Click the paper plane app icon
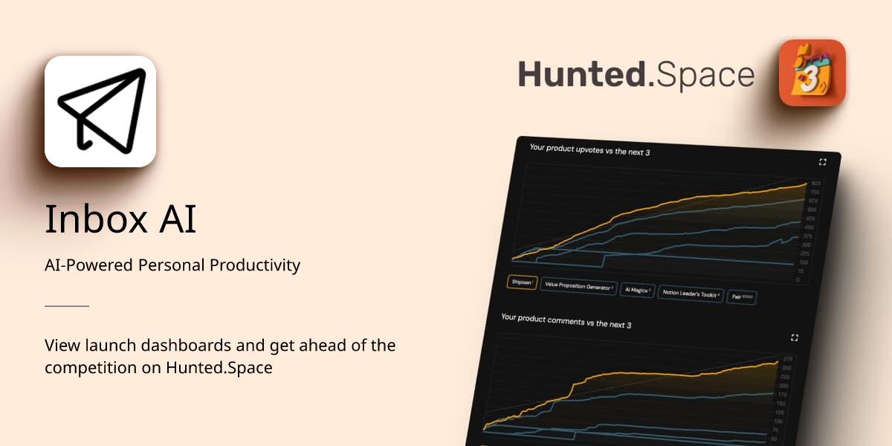click(100, 111)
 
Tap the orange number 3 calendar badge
click(812, 73)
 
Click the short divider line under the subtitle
click(67, 306)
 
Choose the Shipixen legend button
click(522, 282)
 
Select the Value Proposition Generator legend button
click(579, 286)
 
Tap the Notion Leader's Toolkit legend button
click(691, 294)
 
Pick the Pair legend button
click(742, 297)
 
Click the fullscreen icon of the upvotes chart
click(823, 162)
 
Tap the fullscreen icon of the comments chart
click(795, 337)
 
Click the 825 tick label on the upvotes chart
click(815, 184)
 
